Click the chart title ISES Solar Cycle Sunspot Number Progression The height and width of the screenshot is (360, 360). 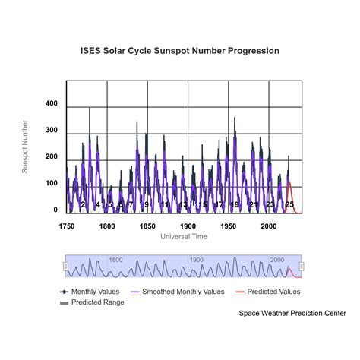(x=180, y=51)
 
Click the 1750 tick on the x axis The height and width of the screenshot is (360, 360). (x=67, y=226)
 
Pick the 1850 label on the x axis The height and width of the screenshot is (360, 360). (x=147, y=226)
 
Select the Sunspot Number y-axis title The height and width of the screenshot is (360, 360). (x=25, y=147)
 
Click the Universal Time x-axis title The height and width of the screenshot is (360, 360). (x=185, y=237)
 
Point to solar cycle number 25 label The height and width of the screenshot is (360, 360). (x=289, y=205)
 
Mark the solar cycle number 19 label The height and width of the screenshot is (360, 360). (x=235, y=205)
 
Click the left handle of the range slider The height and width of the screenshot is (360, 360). (x=66, y=266)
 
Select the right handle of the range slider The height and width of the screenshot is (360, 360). (x=302, y=266)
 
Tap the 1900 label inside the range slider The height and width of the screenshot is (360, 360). (x=197, y=260)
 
